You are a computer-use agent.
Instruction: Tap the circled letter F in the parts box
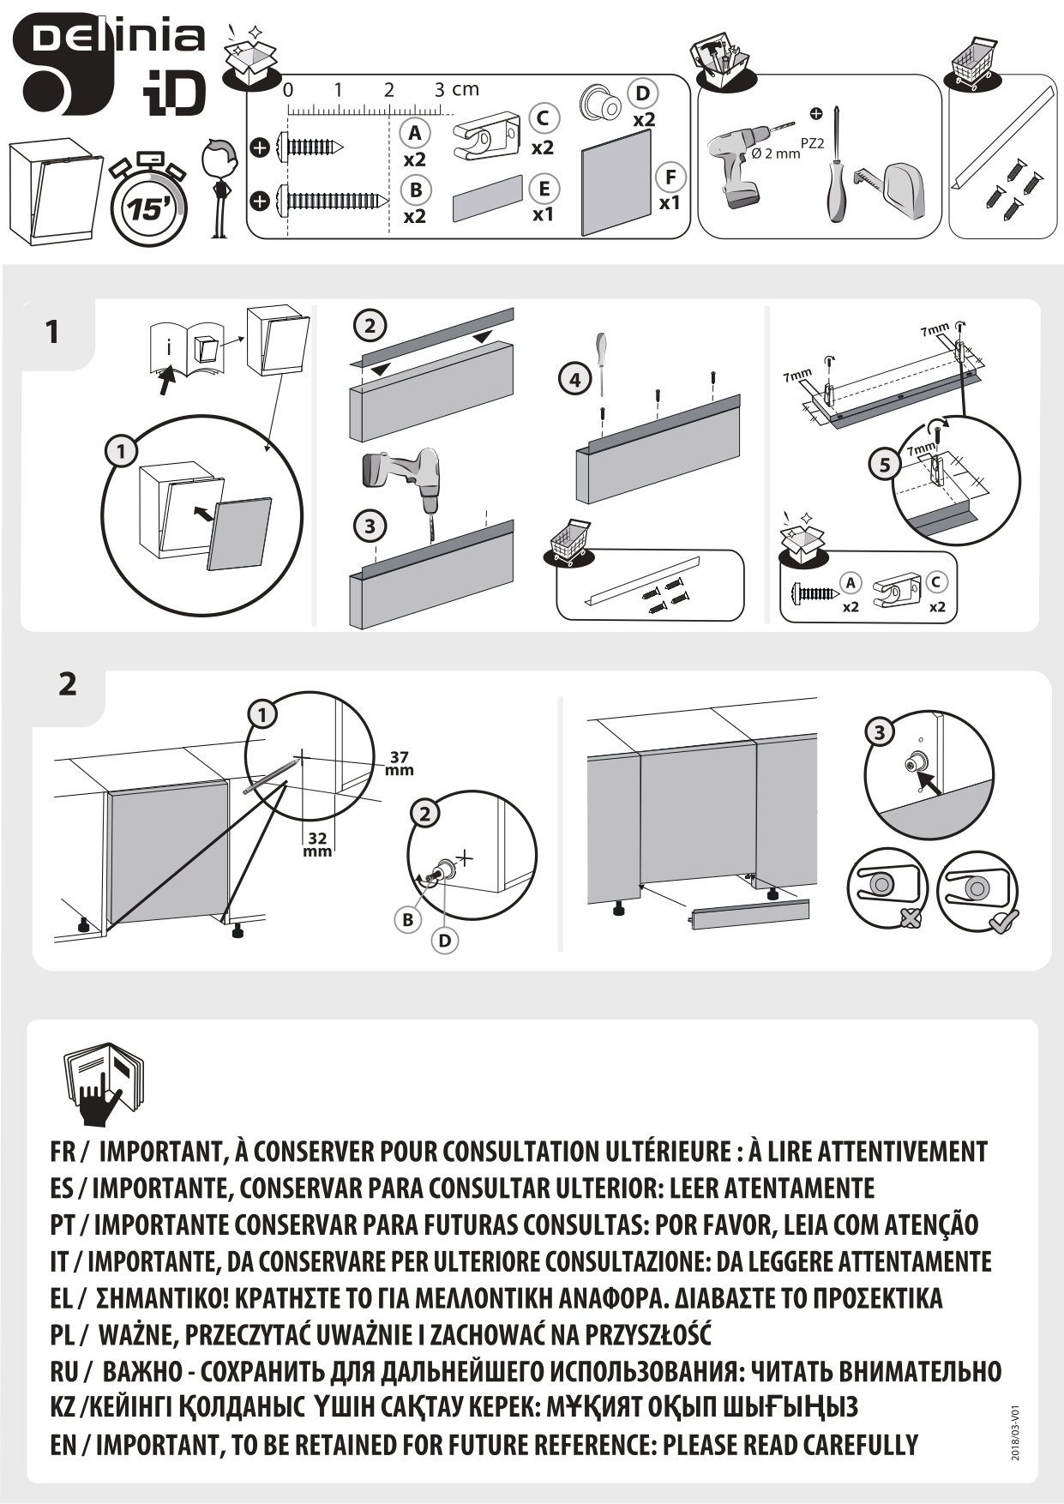click(x=670, y=177)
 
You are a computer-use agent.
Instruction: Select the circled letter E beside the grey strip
click(x=544, y=188)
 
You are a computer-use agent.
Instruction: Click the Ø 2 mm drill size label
click(x=775, y=153)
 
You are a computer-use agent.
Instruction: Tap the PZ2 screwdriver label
click(x=812, y=143)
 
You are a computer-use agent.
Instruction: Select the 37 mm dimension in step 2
click(x=399, y=763)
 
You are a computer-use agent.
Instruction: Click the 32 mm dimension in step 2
click(x=317, y=844)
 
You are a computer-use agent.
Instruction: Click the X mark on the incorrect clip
click(x=910, y=919)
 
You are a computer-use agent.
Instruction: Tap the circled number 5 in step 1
click(x=885, y=465)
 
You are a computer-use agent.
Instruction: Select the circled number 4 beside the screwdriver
click(x=575, y=378)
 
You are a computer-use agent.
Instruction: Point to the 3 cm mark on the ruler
click(x=439, y=89)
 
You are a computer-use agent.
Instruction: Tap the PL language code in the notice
click(x=62, y=1336)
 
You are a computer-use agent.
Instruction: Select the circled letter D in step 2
click(x=444, y=941)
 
